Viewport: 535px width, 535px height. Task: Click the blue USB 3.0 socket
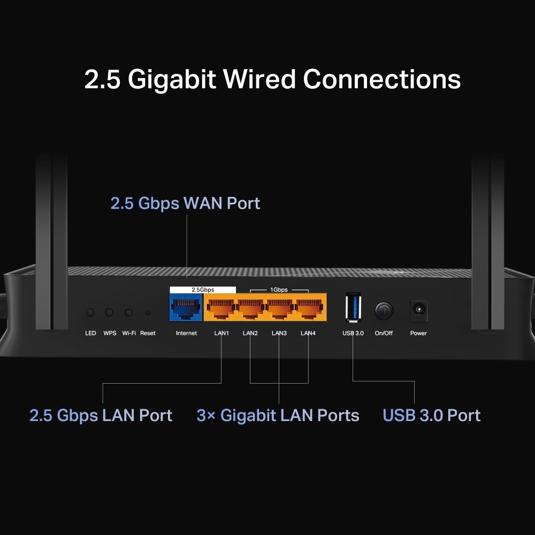tap(353, 308)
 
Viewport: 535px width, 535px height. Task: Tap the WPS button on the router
tap(110, 312)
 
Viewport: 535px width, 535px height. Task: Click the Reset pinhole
tap(148, 312)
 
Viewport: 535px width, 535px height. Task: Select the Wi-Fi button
tap(128, 312)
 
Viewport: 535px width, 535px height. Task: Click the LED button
tap(90, 312)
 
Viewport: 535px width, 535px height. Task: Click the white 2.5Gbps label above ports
tap(203, 289)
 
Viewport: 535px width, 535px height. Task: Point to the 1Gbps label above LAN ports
tap(279, 289)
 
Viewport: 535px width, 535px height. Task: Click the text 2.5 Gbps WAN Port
tap(185, 203)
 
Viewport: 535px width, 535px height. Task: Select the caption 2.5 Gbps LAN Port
tap(101, 416)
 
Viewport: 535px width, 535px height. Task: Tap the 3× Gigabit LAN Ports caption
tap(278, 416)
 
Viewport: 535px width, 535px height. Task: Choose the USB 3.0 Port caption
tap(431, 416)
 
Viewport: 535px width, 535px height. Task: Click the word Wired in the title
tap(259, 79)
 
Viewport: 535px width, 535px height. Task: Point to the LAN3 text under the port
tap(279, 333)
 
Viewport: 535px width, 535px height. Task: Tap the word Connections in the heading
tap(381, 79)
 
